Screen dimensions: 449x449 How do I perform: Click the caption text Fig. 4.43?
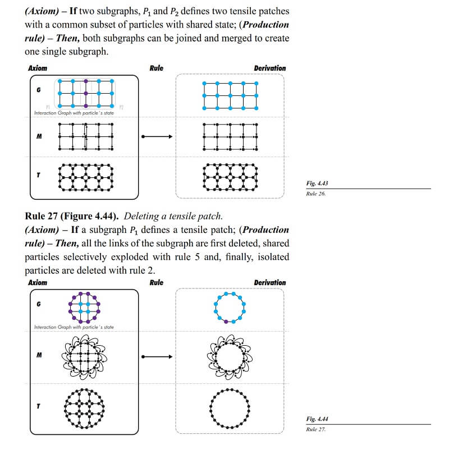click(x=318, y=184)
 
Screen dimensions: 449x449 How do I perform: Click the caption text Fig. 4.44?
click(x=318, y=419)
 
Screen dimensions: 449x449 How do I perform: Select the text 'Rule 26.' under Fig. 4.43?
click(x=316, y=194)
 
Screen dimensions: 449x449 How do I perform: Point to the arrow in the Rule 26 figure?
click(x=157, y=136)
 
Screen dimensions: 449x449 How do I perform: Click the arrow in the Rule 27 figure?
click(x=157, y=356)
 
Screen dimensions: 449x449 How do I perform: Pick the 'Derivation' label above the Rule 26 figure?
click(x=269, y=68)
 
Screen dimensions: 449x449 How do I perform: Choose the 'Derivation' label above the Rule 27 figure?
click(x=269, y=282)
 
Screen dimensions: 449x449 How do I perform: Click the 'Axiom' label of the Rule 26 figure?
click(x=38, y=68)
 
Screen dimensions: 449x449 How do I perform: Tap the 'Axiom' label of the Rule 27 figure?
click(x=38, y=282)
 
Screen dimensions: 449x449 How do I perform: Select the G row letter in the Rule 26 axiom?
click(x=38, y=90)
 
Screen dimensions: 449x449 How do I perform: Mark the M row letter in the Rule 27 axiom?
click(x=38, y=355)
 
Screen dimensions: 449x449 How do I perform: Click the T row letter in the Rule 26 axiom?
click(x=38, y=175)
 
